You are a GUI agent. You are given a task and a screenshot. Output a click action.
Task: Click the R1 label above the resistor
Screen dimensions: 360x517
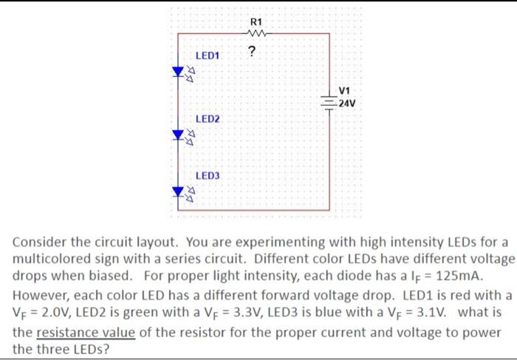click(256, 21)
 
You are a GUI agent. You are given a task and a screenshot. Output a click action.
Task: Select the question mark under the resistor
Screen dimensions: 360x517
click(253, 51)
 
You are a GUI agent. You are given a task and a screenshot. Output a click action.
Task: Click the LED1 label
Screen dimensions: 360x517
click(208, 56)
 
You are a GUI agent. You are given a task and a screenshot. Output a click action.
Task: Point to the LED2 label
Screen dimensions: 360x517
click(208, 119)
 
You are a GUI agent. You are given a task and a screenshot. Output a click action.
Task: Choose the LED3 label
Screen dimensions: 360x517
click(208, 176)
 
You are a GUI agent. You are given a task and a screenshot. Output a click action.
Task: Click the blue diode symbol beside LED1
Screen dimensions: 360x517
click(178, 72)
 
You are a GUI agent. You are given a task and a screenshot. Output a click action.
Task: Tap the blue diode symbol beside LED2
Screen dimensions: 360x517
click(178, 135)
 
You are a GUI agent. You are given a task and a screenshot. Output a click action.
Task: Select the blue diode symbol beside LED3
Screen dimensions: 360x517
click(178, 191)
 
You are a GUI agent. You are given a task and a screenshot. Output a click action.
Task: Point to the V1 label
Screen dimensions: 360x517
click(344, 92)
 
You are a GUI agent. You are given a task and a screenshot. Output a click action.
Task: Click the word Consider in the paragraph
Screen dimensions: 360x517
click(41, 242)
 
